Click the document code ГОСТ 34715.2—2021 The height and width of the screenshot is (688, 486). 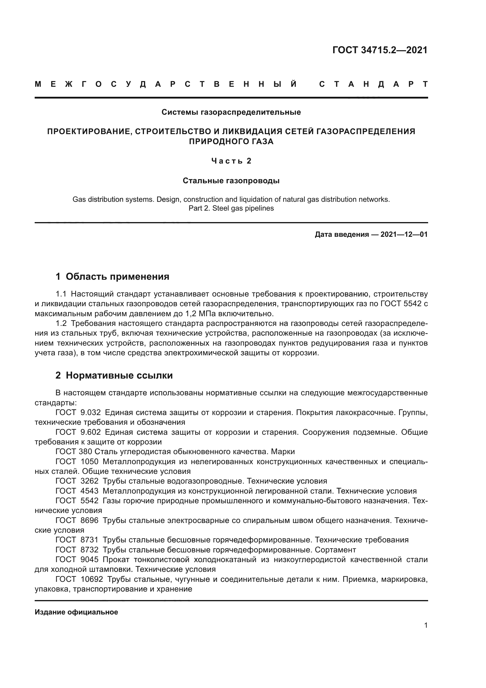[380, 50]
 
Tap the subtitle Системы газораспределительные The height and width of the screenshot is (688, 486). [231, 112]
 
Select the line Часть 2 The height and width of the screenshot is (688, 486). [231, 161]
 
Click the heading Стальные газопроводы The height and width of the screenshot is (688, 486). [231, 181]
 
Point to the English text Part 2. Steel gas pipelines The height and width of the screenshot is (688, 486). [231, 208]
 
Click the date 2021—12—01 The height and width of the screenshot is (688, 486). [404, 234]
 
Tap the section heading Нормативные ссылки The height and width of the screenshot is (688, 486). [119, 375]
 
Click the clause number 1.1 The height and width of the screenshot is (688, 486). [61, 294]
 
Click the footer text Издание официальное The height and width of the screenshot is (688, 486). [76, 612]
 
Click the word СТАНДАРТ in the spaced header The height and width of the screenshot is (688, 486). [373, 84]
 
